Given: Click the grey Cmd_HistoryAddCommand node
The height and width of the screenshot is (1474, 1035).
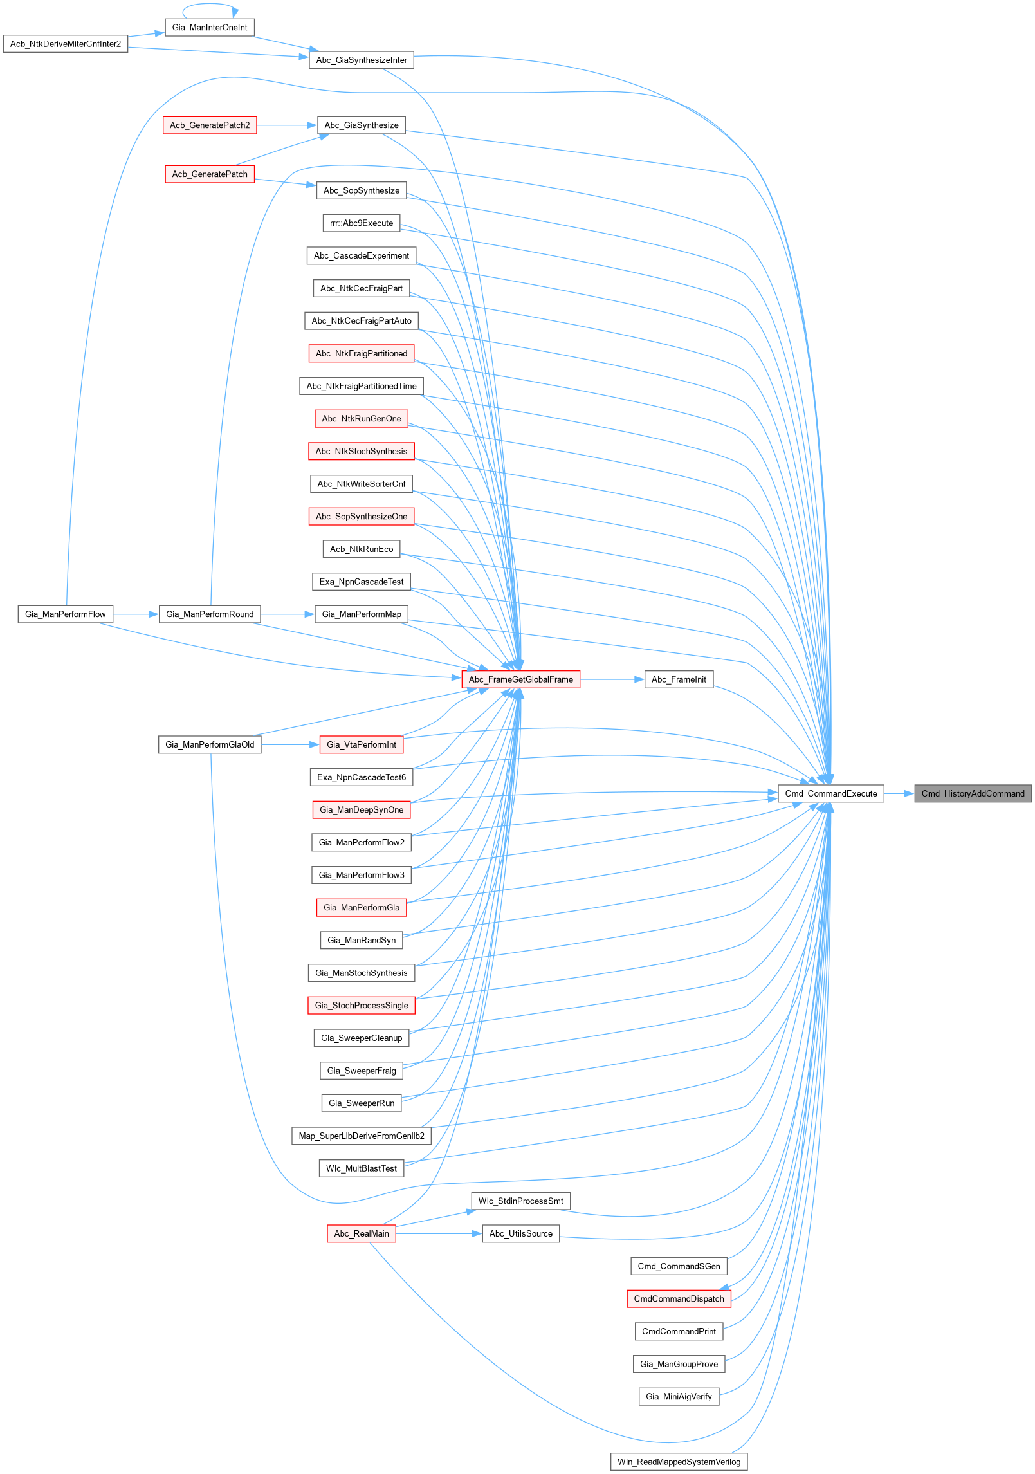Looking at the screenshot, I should pyautogui.click(x=973, y=793).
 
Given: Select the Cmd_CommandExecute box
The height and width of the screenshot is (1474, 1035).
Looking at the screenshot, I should pyautogui.click(x=830, y=793).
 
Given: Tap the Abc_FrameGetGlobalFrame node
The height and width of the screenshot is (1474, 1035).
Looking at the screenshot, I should pyautogui.click(x=520, y=679).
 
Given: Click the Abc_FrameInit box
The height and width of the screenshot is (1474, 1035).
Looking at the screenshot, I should pyautogui.click(x=679, y=679).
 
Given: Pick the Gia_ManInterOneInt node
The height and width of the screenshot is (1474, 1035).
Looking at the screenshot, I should pyautogui.click(x=210, y=28).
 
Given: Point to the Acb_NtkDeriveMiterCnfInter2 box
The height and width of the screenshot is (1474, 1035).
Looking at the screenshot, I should pyautogui.click(x=66, y=44).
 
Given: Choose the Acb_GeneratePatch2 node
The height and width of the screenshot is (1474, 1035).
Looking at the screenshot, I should pyautogui.click(x=210, y=125).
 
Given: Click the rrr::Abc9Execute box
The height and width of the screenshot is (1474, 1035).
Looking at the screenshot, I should pyautogui.click(x=362, y=223).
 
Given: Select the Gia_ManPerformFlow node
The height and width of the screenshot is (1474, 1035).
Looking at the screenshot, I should pyautogui.click(x=66, y=614).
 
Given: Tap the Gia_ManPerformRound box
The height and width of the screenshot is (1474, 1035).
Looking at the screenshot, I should pyautogui.click(x=210, y=614).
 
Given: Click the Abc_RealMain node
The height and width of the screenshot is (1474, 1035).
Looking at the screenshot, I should pyautogui.click(x=362, y=1233).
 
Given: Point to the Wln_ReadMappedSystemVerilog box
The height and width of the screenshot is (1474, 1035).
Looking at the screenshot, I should pyautogui.click(x=679, y=1462).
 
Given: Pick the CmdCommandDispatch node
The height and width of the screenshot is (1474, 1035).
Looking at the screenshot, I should pyautogui.click(x=679, y=1298).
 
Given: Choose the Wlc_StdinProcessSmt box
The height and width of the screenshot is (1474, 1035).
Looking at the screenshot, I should pyautogui.click(x=520, y=1201).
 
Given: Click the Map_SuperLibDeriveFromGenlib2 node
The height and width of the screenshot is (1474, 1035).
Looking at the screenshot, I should pyautogui.click(x=362, y=1136).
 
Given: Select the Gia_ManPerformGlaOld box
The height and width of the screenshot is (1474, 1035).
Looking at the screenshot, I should pyautogui.click(x=210, y=744).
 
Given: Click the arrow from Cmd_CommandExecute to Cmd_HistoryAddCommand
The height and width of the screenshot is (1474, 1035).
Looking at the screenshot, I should pyautogui.click(x=899, y=793).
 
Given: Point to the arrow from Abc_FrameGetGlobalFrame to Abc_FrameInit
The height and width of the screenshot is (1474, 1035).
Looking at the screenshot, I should pyautogui.click(x=612, y=679).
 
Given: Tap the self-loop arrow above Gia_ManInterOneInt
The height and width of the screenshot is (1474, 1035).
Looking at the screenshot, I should pyautogui.click(x=210, y=5).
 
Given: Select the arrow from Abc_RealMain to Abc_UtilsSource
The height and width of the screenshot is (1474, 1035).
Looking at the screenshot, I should pyautogui.click(x=438, y=1233).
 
